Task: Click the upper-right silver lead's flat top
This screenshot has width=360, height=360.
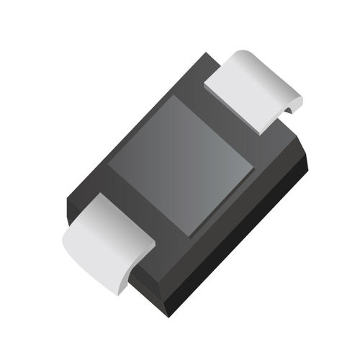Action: [x=241, y=90]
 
